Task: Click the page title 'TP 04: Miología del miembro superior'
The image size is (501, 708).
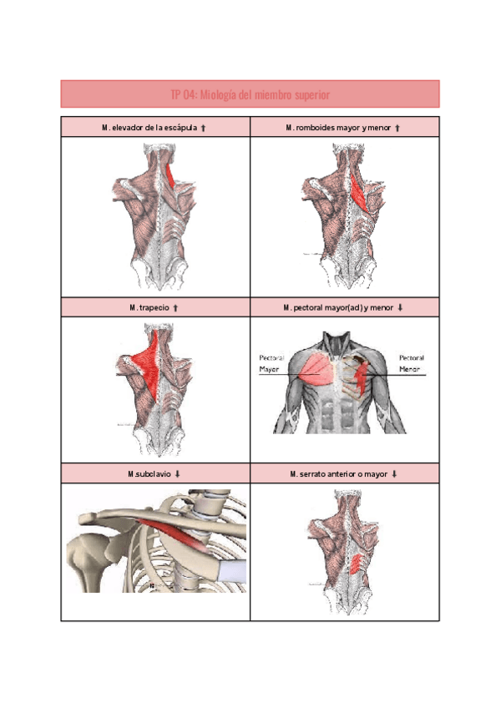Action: click(x=250, y=95)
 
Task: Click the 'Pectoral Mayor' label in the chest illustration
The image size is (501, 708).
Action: click(x=271, y=362)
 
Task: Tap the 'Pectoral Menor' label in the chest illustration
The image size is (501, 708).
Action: click(x=411, y=362)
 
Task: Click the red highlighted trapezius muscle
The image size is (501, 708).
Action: click(x=149, y=364)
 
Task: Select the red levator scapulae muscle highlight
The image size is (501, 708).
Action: click(x=171, y=176)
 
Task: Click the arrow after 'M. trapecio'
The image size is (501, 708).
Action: click(x=175, y=308)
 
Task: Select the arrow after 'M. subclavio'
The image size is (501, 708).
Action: click(x=178, y=473)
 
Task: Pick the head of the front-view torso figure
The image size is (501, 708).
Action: click(x=338, y=344)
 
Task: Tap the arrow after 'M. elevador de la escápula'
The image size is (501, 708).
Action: click(x=204, y=128)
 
